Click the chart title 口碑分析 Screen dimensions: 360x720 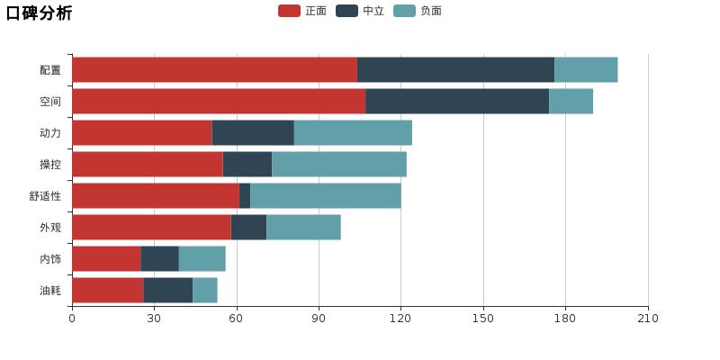pyautogui.click(x=39, y=13)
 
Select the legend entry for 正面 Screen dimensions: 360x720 pyautogui.click(x=303, y=11)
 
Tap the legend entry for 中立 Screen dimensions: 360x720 pyautogui.click(x=361, y=11)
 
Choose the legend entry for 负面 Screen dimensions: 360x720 pyautogui.click(x=418, y=11)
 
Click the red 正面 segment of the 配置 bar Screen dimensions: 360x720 pyautogui.click(x=214, y=69)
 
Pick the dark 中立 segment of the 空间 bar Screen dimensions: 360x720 pyautogui.click(x=457, y=101)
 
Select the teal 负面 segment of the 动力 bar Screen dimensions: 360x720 pyautogui.click(x=353, y=132)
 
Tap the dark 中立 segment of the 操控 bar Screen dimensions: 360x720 pyautogui.click(x=247, y=164)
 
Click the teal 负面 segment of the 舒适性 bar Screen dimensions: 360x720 pyautogui.click(x=325, y=195)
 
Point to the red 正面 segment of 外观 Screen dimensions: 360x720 pyautogui.click(x=151, y=227)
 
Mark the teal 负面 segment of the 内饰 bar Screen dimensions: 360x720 pyautogui.click(x=202, y=258)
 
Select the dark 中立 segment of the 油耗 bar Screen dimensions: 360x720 pyautogui.click(x=168, y=290)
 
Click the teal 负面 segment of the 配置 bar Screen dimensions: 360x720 pyautogui.click(x=586, y=69)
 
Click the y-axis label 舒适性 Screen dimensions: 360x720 pyautogui.click(x=45, y=195)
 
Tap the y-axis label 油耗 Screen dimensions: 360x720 pyautogui.click(x=50, y=290)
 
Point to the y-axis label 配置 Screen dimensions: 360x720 pyautogui.click(x=50, y=69)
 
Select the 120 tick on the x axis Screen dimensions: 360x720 pyautogui.click(x=400, y=319)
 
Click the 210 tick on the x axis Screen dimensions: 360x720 pyautogui.click(x=648, y=319)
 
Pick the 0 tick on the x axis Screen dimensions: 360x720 pyautogui.click(x=72, y=319)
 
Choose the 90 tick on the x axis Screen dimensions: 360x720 pyautogui.click(x=319, y=319)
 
